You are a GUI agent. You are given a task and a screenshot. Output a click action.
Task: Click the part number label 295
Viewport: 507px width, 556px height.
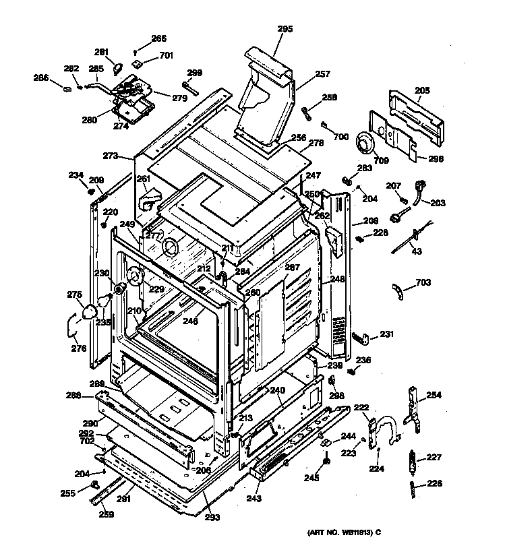285,28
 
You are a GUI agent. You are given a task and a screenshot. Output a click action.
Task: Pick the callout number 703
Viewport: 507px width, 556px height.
423,282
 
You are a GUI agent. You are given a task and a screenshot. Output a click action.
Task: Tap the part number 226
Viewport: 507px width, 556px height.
434,483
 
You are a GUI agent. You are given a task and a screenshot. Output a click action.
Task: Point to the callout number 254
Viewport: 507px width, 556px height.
434,395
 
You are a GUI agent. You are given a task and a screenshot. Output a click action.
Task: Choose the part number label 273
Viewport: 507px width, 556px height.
111,156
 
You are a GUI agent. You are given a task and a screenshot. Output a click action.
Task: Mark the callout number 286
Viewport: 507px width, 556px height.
41,78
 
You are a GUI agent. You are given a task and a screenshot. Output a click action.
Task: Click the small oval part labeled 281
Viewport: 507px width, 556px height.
115,68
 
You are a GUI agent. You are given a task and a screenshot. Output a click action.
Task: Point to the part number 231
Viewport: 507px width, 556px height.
386,334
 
